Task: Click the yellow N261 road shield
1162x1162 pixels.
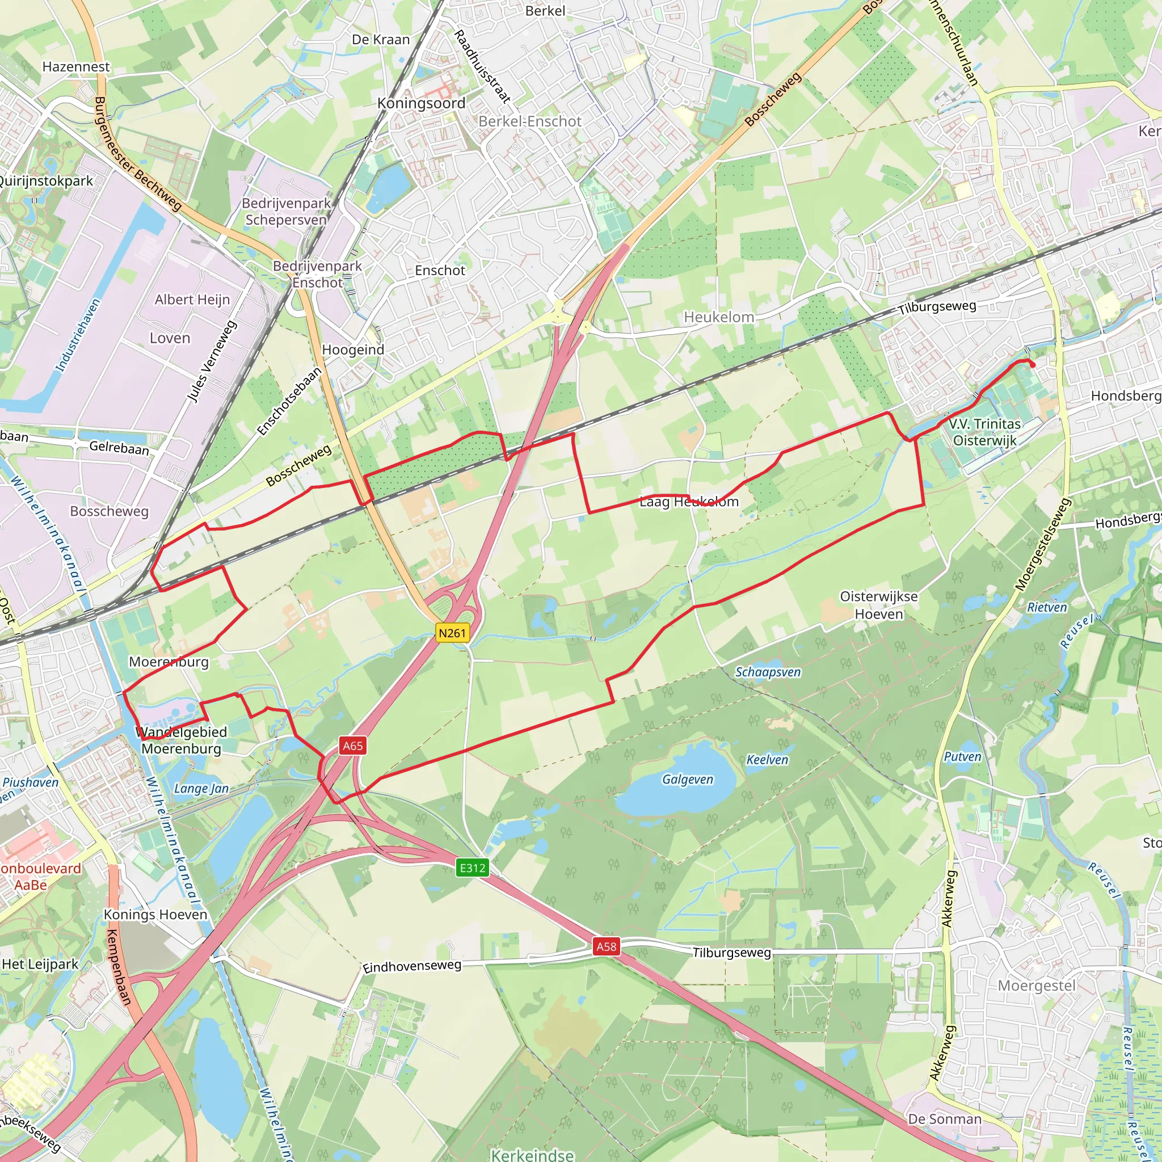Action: (x=452, y=633)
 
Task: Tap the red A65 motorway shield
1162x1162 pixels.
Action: (x=352, y=746)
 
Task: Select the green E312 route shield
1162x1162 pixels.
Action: (x=472, y=868)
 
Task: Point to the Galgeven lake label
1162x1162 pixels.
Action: (x=688, y=780)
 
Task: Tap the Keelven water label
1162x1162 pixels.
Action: (x=767, y=760)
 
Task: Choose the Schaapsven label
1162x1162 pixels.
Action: (x=768, y=672)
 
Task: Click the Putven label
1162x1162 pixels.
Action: (x=962, y=757)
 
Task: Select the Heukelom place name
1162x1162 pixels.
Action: (x=719, y=317)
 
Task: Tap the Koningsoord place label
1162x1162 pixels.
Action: (x=421, y=103)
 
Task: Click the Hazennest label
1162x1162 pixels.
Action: (x=77, y=67)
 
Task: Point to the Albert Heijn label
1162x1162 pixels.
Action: (x=192, y=300)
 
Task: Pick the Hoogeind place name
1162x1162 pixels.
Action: (x=353, y=350)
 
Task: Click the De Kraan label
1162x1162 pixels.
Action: (x=381, y=40)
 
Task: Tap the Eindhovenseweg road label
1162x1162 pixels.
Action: (x=412, y=966)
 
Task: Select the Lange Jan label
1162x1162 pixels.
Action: (x=201, y=789)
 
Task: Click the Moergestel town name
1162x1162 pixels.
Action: (x=1036, y=986)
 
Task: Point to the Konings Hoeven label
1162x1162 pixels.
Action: (x=155, y=915)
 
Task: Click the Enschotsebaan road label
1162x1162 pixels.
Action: (x=289, y=401)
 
